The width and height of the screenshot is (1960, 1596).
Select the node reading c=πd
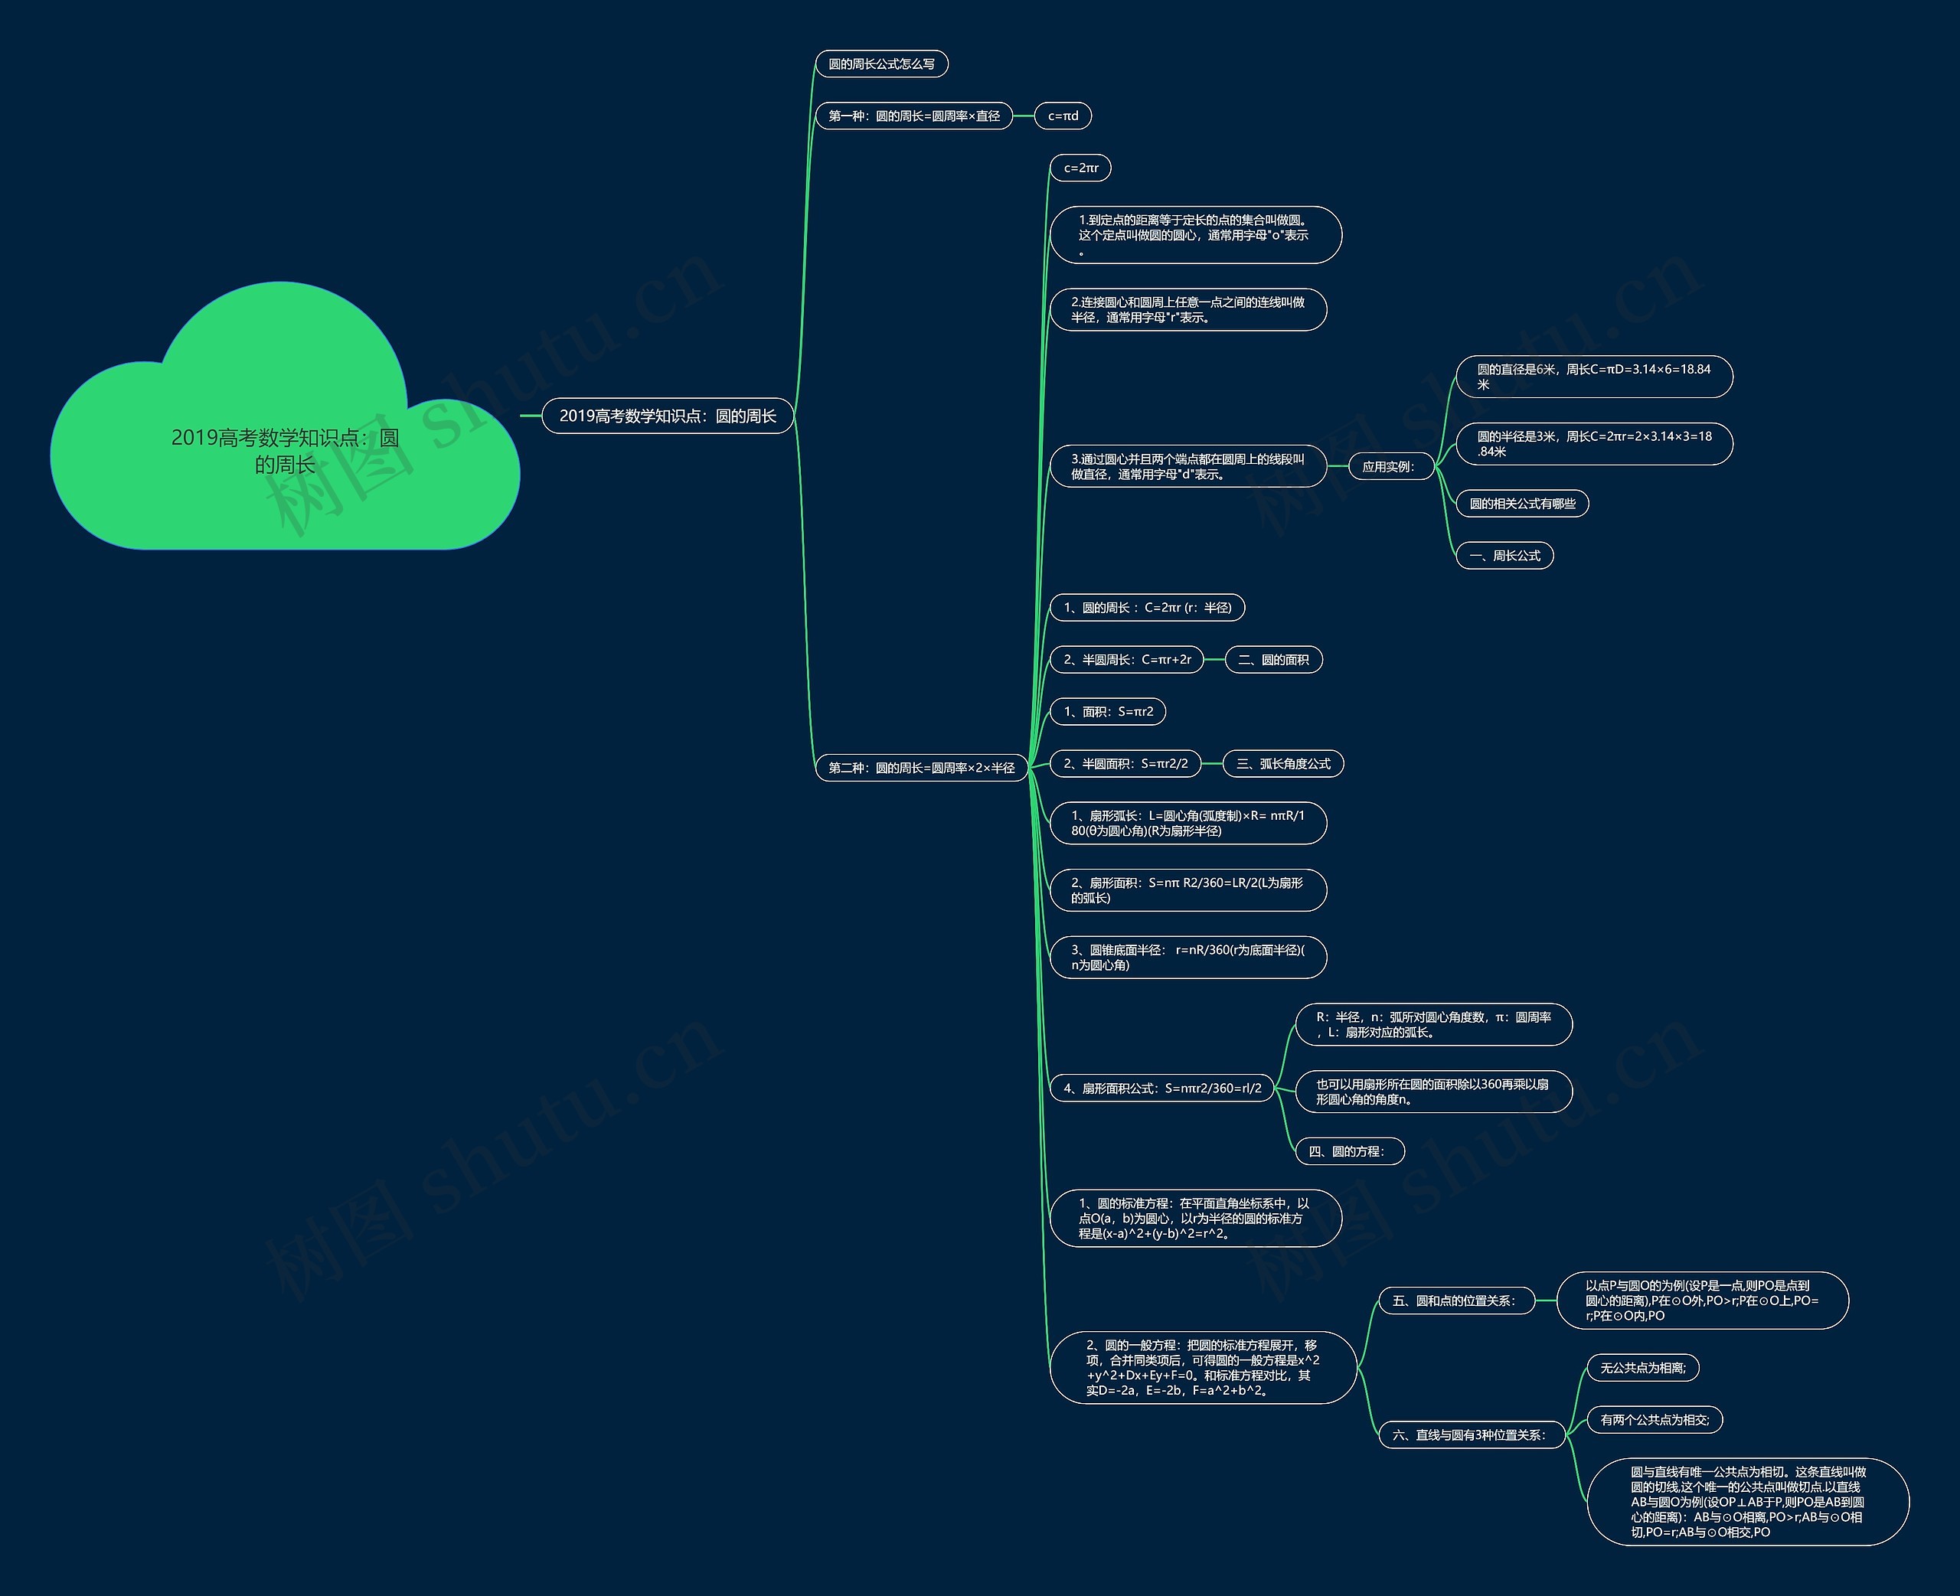coord(1063,116)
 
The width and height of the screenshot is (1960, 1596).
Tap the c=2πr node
coord(1080,168)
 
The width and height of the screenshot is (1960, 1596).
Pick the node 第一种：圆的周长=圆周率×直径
coord(914,116)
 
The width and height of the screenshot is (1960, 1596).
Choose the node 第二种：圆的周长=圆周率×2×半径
coord(921,768)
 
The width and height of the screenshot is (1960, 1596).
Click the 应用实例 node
coord(1388,467)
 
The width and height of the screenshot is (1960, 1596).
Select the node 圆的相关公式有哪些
coord(1521,504)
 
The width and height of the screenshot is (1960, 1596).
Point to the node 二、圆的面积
coord(1273,659)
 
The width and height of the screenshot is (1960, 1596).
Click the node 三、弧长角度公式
coord(1282,764)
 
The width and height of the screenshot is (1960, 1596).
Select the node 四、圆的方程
coord(1349,1151)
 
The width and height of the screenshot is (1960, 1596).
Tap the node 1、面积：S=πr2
coord(1108,712)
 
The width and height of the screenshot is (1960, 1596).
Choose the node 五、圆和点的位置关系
coord(1456,1301)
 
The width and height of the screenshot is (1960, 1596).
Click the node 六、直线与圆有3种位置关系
coord(1471,1435)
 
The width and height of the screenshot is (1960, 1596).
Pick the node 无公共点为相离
coord(1643,1368)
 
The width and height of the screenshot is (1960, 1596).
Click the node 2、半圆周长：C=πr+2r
coord(1126,659)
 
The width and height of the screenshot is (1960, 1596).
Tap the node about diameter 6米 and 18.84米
coord(1593,377)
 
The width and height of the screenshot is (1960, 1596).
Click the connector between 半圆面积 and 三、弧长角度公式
coord(1212,764)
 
